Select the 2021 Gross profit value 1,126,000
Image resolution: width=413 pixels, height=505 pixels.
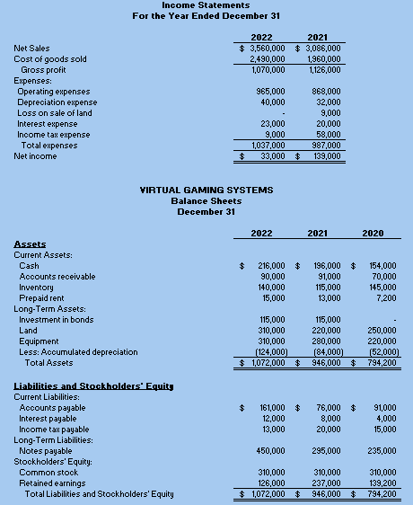click(x=323, y=70)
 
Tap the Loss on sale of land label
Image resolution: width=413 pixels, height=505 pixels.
click(x=54, y=113)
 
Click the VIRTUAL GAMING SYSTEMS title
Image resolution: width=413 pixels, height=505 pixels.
click(x=206, y=190)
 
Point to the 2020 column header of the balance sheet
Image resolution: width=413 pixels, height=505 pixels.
click(x=373, y=234)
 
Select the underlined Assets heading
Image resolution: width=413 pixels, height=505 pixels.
click(x=30, y=244)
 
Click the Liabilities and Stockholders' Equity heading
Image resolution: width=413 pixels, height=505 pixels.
click(x=93, y=386)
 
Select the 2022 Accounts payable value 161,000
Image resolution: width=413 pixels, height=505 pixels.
click(x=272, y=408)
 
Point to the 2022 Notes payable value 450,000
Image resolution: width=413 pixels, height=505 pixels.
click(x=272, y=451)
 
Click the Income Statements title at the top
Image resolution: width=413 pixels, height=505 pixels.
click(x=206, y=5)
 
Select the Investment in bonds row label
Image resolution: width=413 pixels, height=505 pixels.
click(x=56, y=320)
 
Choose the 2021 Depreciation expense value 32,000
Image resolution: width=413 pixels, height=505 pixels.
click(x=328, y=102)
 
